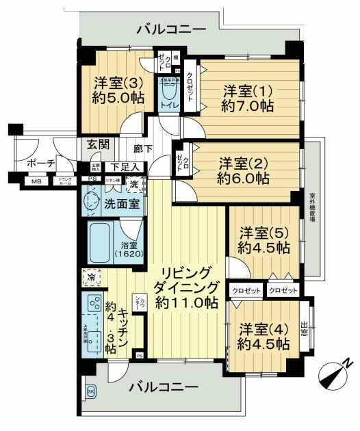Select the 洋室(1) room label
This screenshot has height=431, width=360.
tap(248, 98)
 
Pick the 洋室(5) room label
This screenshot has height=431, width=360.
tap(263, 240)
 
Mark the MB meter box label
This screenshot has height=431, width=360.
tap(34, 181)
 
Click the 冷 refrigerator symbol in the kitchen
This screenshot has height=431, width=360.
tap(92, 277)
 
